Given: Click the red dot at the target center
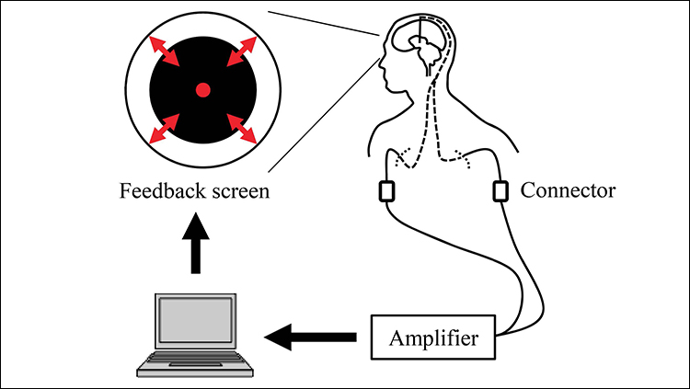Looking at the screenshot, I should point(203,89).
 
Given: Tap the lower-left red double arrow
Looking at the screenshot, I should point(166,128).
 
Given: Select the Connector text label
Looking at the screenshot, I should point(568,191).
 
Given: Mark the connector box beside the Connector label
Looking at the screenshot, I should point(500,191).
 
